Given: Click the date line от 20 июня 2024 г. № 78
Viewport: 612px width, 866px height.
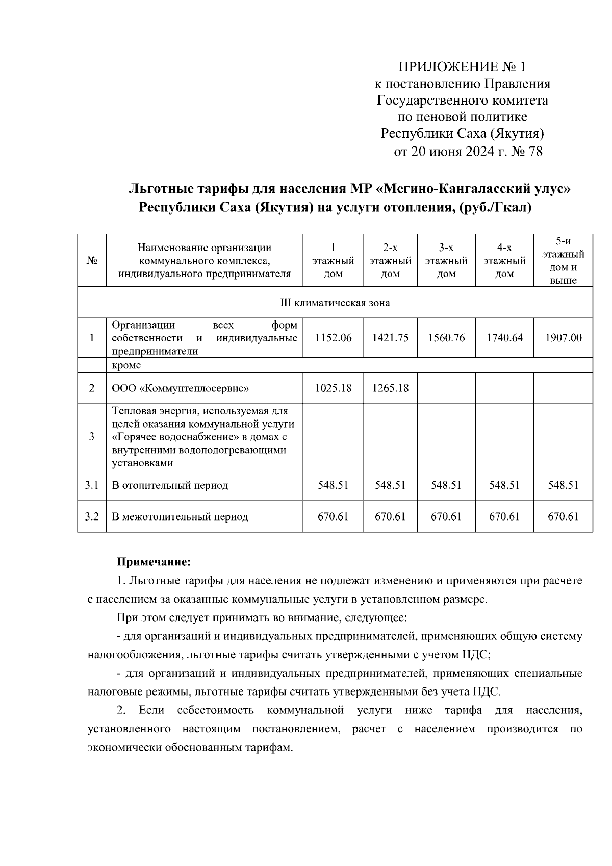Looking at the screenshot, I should tap(468, 152).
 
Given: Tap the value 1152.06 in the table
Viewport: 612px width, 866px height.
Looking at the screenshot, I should tap(334, 338).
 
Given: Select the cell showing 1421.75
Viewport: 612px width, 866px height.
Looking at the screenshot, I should tap(390, 338).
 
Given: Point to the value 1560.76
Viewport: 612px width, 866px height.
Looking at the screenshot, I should tap(446, 338).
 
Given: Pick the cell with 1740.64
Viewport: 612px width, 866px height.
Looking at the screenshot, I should tap(504, 338).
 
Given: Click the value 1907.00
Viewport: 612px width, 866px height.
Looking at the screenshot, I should tap(563, 338).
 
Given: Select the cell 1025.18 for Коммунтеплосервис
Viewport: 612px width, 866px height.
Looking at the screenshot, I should tap(334, 388).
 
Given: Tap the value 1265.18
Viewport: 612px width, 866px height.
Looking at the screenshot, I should tap(390, 388).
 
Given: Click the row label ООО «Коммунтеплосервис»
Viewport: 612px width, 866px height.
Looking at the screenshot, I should tap(181, 388).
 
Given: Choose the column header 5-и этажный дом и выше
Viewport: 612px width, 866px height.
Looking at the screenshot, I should tap(563, 261).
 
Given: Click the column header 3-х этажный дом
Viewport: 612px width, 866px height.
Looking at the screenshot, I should tap(446, 261).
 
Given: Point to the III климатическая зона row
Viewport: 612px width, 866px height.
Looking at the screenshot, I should tap(335, 303).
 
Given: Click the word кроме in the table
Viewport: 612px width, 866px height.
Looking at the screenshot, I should tap(126, 365).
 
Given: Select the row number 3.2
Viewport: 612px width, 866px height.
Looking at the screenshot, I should tap(92, 516).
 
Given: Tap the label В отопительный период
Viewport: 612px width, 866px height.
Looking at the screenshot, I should tap(170, 485).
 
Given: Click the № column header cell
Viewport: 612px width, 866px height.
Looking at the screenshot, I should tap(92, 261).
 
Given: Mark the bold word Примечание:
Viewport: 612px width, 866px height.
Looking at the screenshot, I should tap(154, 562).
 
